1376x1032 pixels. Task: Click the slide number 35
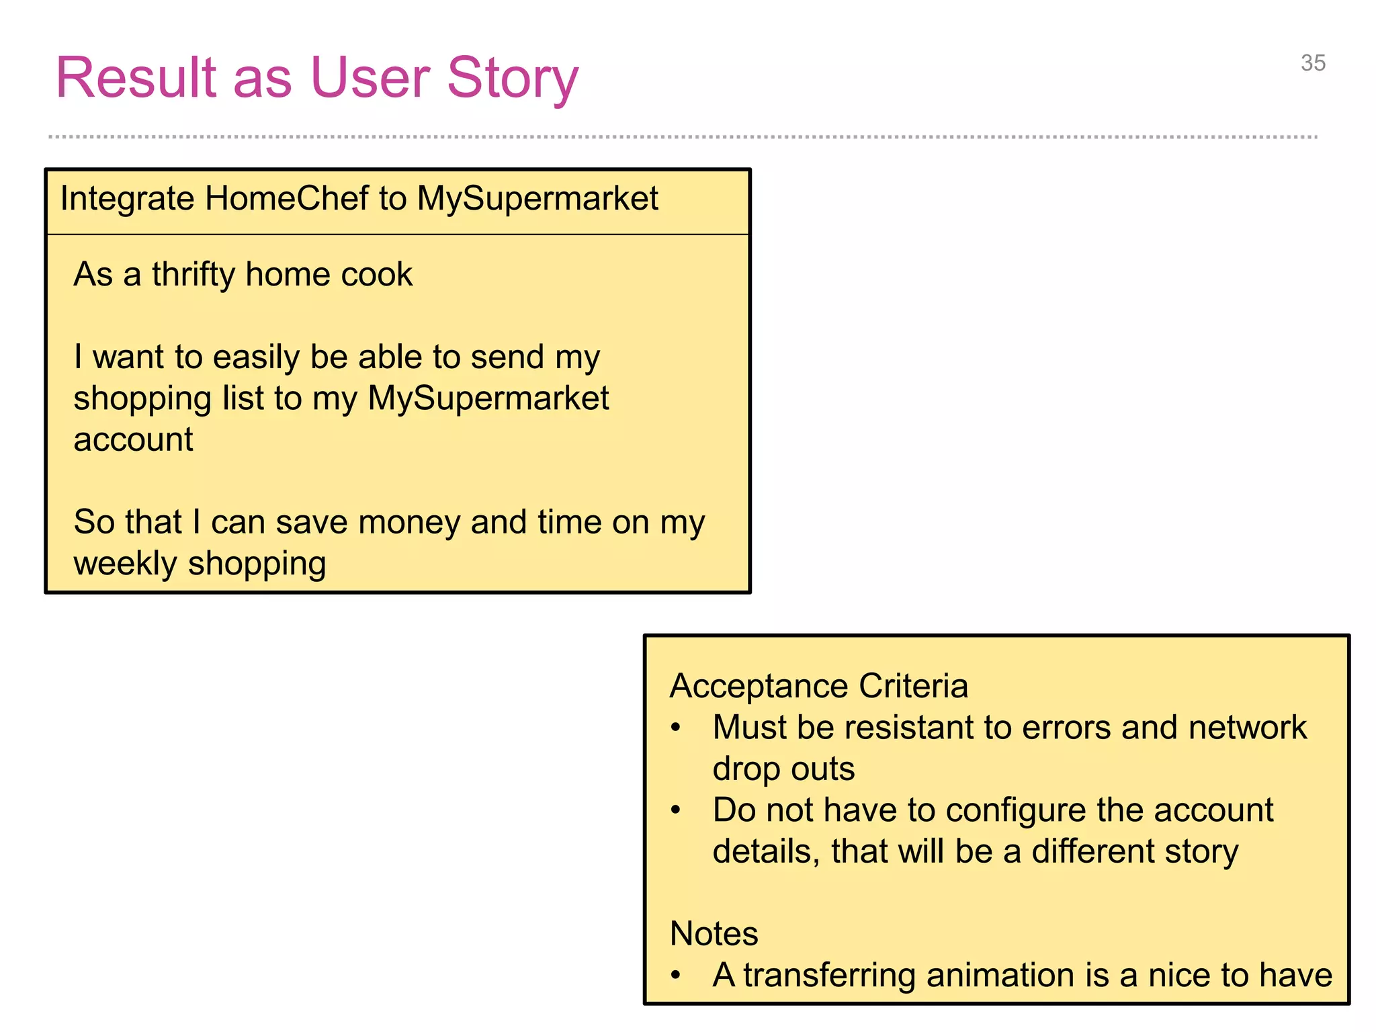1313,63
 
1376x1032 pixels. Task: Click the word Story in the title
512,78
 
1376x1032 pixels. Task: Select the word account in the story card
133,440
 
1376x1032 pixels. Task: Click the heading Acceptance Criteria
818,686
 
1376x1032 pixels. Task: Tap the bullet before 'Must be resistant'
676,727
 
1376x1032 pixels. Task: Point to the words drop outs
783,769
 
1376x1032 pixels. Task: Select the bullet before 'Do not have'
676,810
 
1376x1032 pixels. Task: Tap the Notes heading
714,933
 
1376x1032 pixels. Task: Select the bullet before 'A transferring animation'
676,975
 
